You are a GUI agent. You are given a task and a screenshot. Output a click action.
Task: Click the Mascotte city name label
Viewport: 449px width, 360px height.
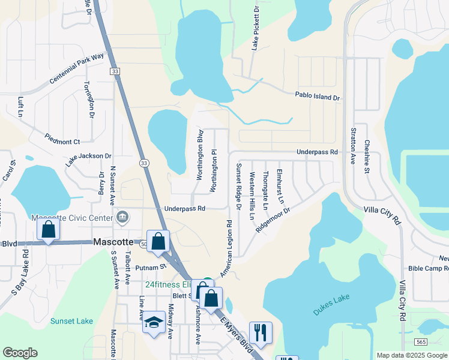pos(113,242)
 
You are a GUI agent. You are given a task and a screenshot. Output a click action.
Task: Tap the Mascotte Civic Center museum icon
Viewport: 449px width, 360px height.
pos(123,216)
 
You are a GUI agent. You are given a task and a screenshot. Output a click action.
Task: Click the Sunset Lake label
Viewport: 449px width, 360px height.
pos(71,321)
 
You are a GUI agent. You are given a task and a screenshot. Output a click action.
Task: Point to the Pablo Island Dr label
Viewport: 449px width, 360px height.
pos(317,97)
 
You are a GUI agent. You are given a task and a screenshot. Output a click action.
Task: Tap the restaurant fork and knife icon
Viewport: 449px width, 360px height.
pos(261,332)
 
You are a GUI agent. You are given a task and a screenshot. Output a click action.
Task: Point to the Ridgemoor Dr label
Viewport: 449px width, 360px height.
pos(273,220)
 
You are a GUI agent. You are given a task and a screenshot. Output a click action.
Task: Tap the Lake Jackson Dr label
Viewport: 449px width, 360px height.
pos(88,159)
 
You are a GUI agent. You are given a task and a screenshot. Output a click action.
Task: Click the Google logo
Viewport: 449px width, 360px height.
pos(20,353)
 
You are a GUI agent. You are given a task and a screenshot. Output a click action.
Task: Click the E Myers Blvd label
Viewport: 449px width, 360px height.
pos(236,332)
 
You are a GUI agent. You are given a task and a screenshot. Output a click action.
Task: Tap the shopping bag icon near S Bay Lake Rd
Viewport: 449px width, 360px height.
pos(48,229)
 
